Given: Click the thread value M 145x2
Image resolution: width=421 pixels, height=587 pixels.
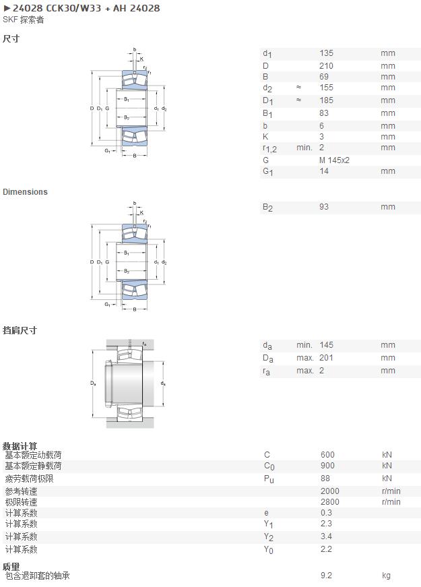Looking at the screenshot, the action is click(x=334, y=160).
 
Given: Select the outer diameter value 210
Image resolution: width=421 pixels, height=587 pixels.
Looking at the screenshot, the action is click(x=326, y=66).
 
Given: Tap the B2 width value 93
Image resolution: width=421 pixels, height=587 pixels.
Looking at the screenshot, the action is click(x=324, y=207).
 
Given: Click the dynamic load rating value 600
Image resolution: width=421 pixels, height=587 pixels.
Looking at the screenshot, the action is click(x=327, y=455).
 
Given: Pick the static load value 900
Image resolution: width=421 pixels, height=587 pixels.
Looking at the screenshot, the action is click(x=327, y=466).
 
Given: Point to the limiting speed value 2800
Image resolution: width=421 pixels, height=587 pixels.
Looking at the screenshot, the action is click(x=330, y=502).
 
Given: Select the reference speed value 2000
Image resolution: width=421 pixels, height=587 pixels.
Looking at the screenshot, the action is click(x=330, y=491).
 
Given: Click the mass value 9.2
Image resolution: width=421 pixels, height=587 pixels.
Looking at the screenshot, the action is click(x=326, y=576).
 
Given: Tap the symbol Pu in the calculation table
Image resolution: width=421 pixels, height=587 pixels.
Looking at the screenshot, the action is click(x=269, y=479).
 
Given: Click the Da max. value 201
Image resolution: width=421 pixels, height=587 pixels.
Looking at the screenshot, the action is click(x=326, y=358).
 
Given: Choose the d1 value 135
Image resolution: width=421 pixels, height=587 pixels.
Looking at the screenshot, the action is click(x=326, y=53).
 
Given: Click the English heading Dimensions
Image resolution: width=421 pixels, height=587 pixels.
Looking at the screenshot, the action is click(x=25, y=191).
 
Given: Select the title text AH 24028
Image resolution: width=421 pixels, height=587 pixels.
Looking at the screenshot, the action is click(x=137, y=8).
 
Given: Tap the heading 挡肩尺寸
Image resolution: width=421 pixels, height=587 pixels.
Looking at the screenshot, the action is click(x=20, y=330).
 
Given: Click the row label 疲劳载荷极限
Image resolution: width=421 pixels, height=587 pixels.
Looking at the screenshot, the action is click(x=29, y=478).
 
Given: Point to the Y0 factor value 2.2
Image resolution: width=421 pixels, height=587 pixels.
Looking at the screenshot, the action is click(x=326, y=549).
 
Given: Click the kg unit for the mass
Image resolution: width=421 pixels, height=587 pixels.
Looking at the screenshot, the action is click(x=386, y=576).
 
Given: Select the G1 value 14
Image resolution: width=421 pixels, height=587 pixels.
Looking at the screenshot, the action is click(x=324, y=171).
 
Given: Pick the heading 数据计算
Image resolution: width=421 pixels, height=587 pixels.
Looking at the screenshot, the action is click(x=20, y=446).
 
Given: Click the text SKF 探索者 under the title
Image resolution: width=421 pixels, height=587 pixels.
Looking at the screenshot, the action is click(x=23, y=20).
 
